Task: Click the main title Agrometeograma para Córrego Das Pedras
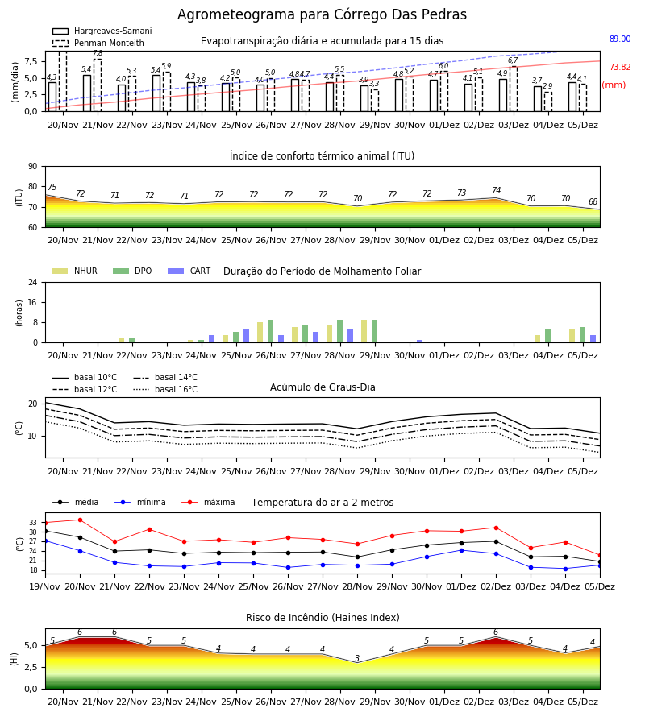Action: (x=322, y=14)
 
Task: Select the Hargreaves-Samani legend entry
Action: (x=102, y=31)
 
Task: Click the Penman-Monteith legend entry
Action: (x=98, y=43)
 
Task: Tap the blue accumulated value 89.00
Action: (x=620, y=39)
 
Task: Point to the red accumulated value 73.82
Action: (x=620, y=67)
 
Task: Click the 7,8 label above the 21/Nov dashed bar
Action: (x=98, y=54)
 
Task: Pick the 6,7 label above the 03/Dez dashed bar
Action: (x=513, y=60)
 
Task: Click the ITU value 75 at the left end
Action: (x=52, y=187)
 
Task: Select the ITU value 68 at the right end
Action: (x=593, y=201)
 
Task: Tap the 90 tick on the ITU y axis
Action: (x=32, y=167)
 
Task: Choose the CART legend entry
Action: (x=189, y=271)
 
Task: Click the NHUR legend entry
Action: (x=75, y=271)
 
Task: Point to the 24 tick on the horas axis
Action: (x=32, y=282)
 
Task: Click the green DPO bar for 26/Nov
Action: (x=270, y=331)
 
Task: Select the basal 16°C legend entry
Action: (x=165, y=389)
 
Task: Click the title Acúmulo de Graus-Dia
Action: (x=322, y=387)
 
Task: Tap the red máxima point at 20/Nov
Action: (x=80, y=520)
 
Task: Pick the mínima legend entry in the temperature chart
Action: (x=140, y=502)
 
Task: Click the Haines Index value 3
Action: (x=357, y=658)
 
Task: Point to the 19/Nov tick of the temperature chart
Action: (x=44, y=586)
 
